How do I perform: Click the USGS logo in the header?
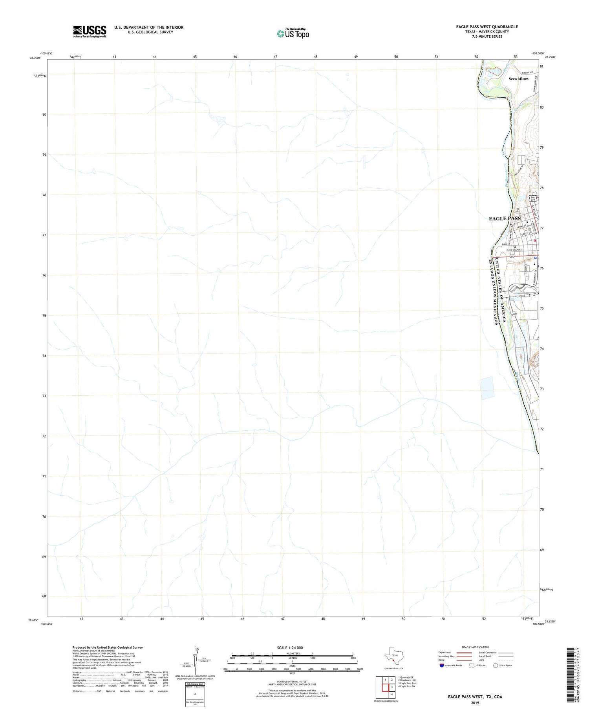[90, 31]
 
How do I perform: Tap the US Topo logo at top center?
[293, 34]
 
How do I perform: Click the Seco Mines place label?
[518, 79]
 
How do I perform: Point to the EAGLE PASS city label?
[505, 218]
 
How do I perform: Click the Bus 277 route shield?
[533, 199]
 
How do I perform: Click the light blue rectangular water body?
[487, 388]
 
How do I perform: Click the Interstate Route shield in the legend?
[442, 666]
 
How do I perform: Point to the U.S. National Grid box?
[195, 695]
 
